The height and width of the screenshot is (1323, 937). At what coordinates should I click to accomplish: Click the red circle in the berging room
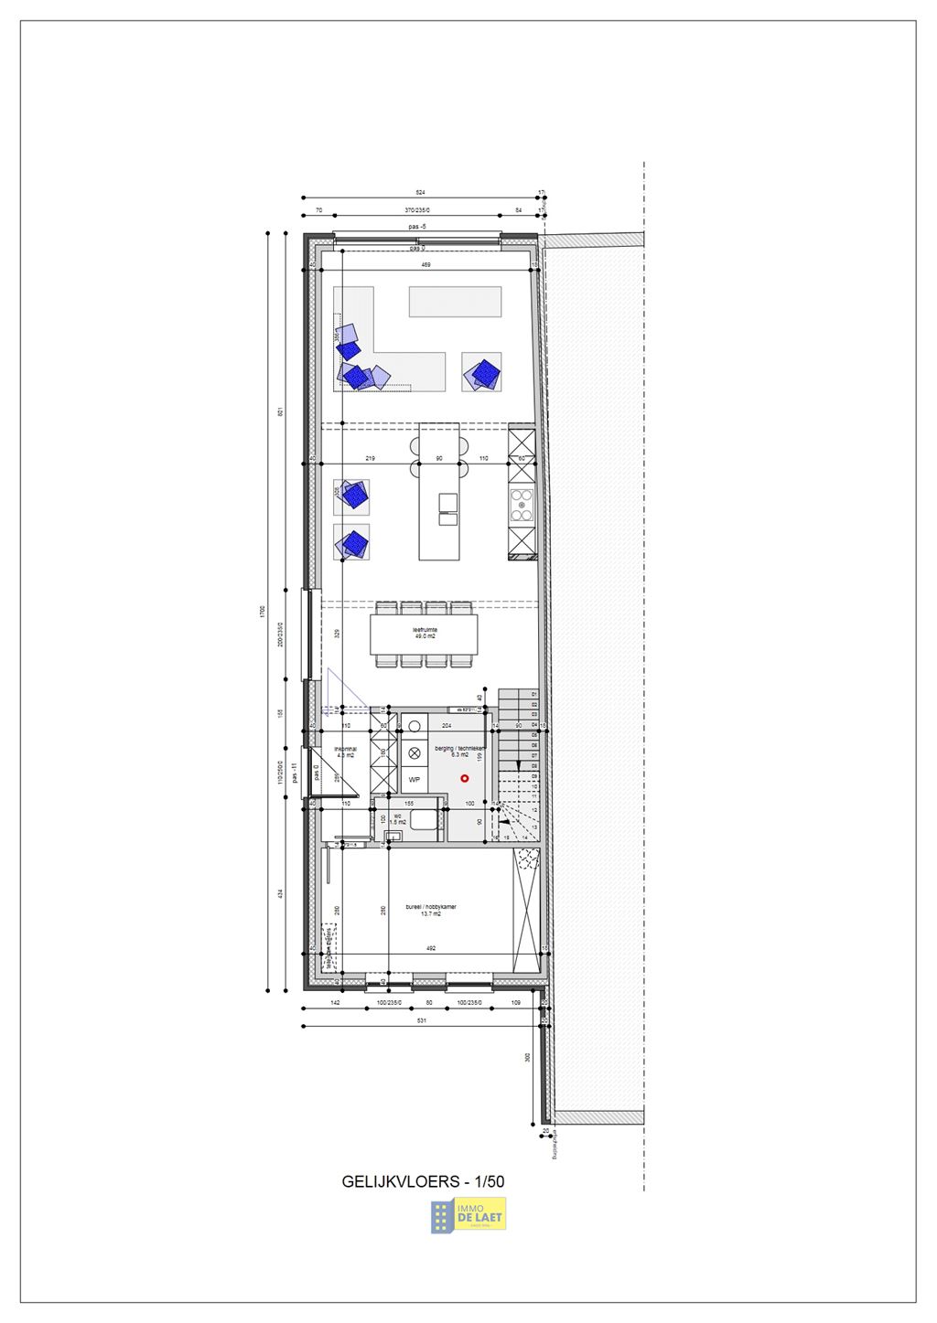click(x=465, y=778)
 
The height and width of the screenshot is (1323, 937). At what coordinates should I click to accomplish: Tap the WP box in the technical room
click(x=414, y=780)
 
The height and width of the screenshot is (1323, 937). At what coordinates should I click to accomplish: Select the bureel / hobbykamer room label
click(x=431, y=910)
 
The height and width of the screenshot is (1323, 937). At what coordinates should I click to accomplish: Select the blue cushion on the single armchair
click(x=482, y=372)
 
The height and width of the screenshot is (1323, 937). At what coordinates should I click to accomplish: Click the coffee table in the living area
click(x=455, y=301)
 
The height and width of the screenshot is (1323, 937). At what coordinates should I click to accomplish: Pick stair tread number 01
click(x=533, y=694)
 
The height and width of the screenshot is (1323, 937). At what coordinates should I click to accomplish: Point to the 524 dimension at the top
click(x=421, y=194)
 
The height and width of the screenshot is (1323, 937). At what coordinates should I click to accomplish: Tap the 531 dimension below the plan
click(x=421, y=1020)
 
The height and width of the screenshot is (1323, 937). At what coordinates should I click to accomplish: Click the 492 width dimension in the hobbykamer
click(x=430, y=948)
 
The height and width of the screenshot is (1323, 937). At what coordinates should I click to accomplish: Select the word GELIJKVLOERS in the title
click(x=400, y=1181)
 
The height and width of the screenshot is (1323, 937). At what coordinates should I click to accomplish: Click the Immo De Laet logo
click(x=468, y=1215)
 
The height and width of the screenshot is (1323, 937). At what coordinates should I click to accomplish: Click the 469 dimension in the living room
click(x=425, y=265)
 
